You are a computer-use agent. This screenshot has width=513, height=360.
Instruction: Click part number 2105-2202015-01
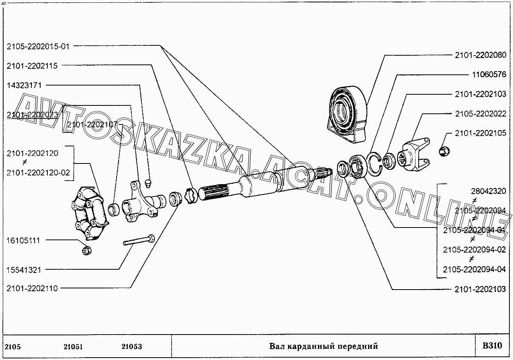38,47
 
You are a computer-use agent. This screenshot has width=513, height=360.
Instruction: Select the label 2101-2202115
32,66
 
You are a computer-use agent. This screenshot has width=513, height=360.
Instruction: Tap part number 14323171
24,86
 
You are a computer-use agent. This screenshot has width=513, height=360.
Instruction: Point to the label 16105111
23,241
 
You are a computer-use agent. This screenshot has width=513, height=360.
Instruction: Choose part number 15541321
23,270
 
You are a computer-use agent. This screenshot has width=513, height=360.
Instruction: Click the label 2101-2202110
32,288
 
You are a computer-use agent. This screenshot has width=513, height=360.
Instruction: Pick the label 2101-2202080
480,55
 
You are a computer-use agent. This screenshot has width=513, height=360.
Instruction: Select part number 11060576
489,74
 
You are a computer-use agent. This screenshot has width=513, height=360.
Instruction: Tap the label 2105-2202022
481,114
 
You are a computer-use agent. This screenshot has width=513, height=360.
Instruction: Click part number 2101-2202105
480,133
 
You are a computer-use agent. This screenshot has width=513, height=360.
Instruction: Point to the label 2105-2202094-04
474,269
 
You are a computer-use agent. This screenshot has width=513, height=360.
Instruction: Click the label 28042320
488,191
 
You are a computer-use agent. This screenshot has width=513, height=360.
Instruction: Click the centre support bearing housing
347,115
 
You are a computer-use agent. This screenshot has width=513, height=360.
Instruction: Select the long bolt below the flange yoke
139,240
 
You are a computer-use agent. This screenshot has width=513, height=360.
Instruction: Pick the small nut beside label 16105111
87,250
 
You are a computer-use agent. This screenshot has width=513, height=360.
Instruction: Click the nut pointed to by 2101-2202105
444,152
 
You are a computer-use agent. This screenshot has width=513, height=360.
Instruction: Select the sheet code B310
492,346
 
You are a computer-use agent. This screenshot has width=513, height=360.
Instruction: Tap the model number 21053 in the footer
132,346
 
